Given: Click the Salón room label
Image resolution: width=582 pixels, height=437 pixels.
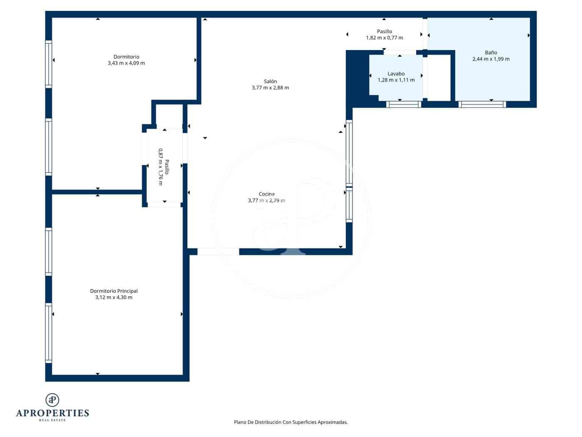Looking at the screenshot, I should [270, 82].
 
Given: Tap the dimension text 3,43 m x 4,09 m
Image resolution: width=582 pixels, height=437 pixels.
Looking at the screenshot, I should [126, 63].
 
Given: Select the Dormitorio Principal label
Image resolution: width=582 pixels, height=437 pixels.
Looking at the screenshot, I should [113, 291].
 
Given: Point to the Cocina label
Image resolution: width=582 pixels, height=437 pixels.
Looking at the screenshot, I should [266, 194].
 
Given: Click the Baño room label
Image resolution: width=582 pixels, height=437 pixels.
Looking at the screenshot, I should [491, 52].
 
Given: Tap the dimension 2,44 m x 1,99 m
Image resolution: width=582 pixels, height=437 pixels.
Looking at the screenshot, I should [491, 59].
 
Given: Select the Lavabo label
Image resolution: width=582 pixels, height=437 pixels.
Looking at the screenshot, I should [396, 74].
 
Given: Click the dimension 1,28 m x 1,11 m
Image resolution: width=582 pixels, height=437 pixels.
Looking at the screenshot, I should [396, 80].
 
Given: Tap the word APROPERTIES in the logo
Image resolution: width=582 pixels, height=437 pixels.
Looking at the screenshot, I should [52, 413].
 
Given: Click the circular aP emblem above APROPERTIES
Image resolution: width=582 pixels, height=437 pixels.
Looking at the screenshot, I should [52, 400].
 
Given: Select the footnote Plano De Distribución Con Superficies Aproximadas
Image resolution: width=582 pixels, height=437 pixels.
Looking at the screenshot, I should [291, 422].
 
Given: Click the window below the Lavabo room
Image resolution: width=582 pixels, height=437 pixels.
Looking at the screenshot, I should [403, 104].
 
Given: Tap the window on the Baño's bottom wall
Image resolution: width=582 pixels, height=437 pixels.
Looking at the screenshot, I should [482, 104].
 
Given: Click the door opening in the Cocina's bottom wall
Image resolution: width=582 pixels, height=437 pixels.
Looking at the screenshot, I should [218, 251].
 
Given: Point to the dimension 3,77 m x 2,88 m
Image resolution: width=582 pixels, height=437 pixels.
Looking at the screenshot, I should [270, 88].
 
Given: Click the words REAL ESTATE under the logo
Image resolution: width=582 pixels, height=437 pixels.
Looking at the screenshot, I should [52, 420].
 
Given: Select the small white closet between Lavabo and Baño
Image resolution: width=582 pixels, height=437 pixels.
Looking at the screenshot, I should [439, 77].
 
